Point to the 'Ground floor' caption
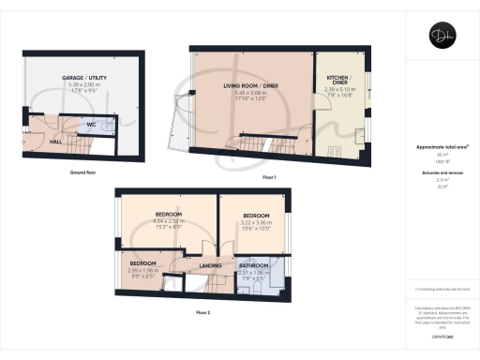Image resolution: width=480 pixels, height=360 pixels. (x=84, y=173)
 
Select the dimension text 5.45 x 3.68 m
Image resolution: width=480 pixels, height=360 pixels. (x=251, y=92)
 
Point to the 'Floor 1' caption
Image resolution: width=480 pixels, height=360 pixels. (x=269, y=176)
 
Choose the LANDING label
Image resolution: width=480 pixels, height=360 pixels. (x=210, y=265)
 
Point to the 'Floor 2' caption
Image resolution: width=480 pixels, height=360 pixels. (x=203, y=310)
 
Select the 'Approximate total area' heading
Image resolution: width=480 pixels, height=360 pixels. (x=441, y=147)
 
